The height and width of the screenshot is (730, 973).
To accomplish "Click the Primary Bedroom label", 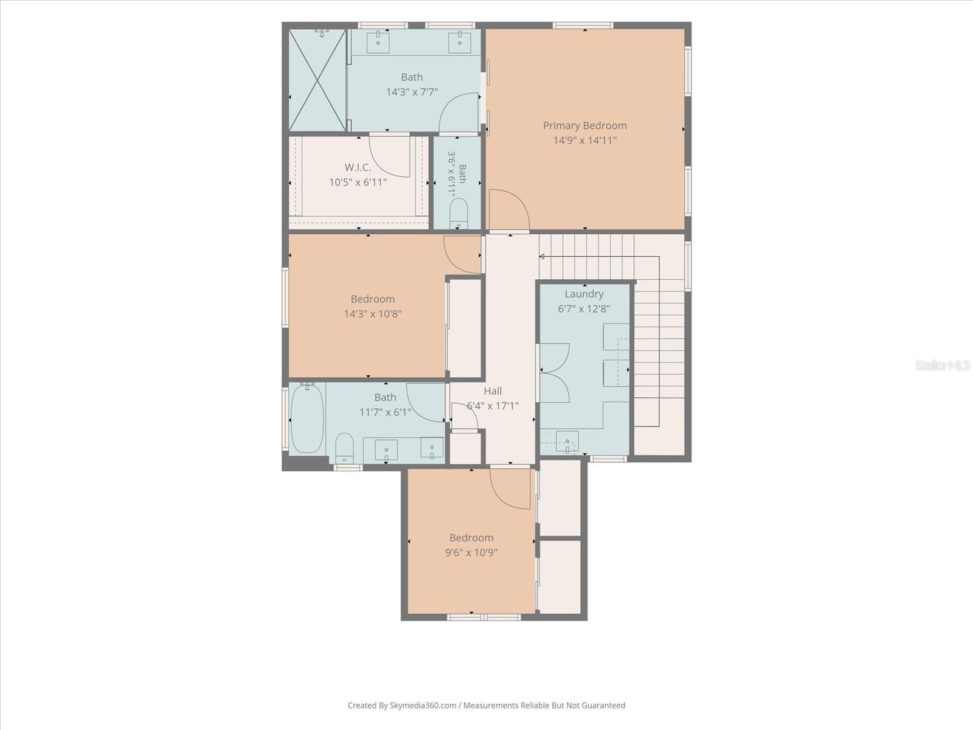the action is [584, 126].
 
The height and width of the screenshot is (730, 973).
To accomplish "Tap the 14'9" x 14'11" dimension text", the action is [584, 141].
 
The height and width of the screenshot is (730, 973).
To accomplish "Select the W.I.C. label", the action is [358, 167].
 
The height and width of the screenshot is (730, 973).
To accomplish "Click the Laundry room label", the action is [584, 294].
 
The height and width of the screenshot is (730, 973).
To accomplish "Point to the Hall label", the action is [493, 391].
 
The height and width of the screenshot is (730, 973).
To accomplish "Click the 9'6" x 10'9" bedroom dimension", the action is [471, 552].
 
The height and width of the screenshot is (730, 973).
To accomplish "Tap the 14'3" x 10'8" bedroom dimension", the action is [373, 314].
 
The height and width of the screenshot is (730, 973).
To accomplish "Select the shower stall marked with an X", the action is [317, 80].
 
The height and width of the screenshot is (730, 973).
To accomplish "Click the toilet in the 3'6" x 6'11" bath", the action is [459, 213].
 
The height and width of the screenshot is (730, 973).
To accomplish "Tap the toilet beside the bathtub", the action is [344, 448].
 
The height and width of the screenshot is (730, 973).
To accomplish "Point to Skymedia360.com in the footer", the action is [423, 705].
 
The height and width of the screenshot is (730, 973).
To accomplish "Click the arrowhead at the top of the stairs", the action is [542, 257].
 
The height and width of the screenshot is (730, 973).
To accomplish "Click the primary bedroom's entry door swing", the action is [510, 207].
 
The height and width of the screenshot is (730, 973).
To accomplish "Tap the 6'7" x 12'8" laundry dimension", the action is [584, 309].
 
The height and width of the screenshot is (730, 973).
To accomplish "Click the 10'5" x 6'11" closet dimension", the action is [358, 182].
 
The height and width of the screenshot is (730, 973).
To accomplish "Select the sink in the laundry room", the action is [567, 442].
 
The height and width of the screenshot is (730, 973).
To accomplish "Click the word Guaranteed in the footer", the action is [603, 705].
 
